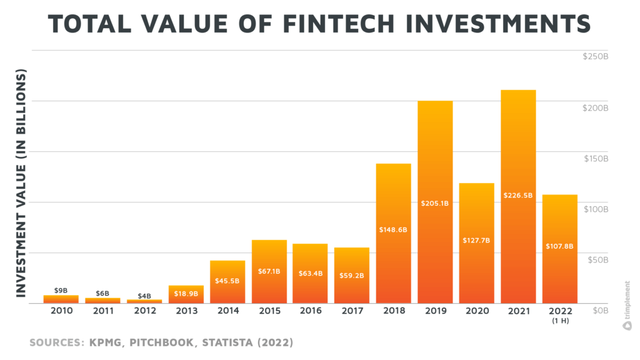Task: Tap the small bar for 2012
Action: (x=144, y=301)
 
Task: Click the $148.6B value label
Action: (x=393, y=229)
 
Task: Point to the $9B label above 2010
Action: (x=61, y=290)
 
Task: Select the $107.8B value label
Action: (x=559, y=246)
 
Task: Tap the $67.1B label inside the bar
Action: (x=269, y=271)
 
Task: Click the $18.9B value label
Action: (x=186, y=293)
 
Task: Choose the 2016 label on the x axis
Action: (x=310, y=311)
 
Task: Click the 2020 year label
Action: (x=476, y=311)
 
